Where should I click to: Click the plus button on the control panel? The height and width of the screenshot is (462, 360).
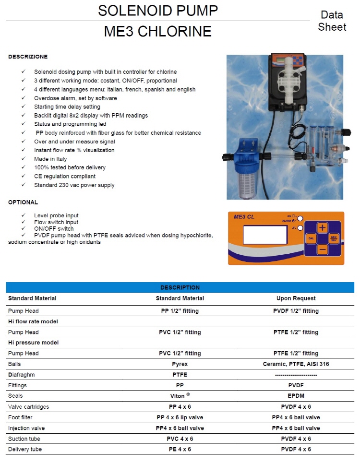click(323, 227)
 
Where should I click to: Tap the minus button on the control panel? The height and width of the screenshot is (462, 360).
click(323, 249)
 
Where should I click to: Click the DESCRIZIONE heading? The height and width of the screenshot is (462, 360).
click(28, 57)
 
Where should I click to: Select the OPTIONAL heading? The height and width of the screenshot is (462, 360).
click(23, 202)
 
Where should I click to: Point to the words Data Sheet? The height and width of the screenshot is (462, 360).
click(332, 21)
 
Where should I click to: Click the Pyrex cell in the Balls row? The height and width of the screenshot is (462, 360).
click(180, 364)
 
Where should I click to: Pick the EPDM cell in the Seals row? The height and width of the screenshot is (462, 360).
click(296, 396)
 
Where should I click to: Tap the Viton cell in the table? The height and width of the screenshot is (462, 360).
click(180, 396)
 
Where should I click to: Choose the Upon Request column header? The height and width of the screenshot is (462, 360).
click(296, 298)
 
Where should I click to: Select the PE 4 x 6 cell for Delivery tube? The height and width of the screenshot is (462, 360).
click(180, 449)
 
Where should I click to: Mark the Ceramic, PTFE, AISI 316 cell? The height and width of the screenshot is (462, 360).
click(296, 364)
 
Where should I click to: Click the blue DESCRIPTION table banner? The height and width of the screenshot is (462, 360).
click(180, 288)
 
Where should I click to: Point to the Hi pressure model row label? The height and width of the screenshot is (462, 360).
click(33, 343)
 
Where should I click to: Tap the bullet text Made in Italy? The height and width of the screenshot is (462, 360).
click(50, 159)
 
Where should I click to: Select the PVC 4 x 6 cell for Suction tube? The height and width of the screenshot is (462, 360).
click(180, 438)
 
